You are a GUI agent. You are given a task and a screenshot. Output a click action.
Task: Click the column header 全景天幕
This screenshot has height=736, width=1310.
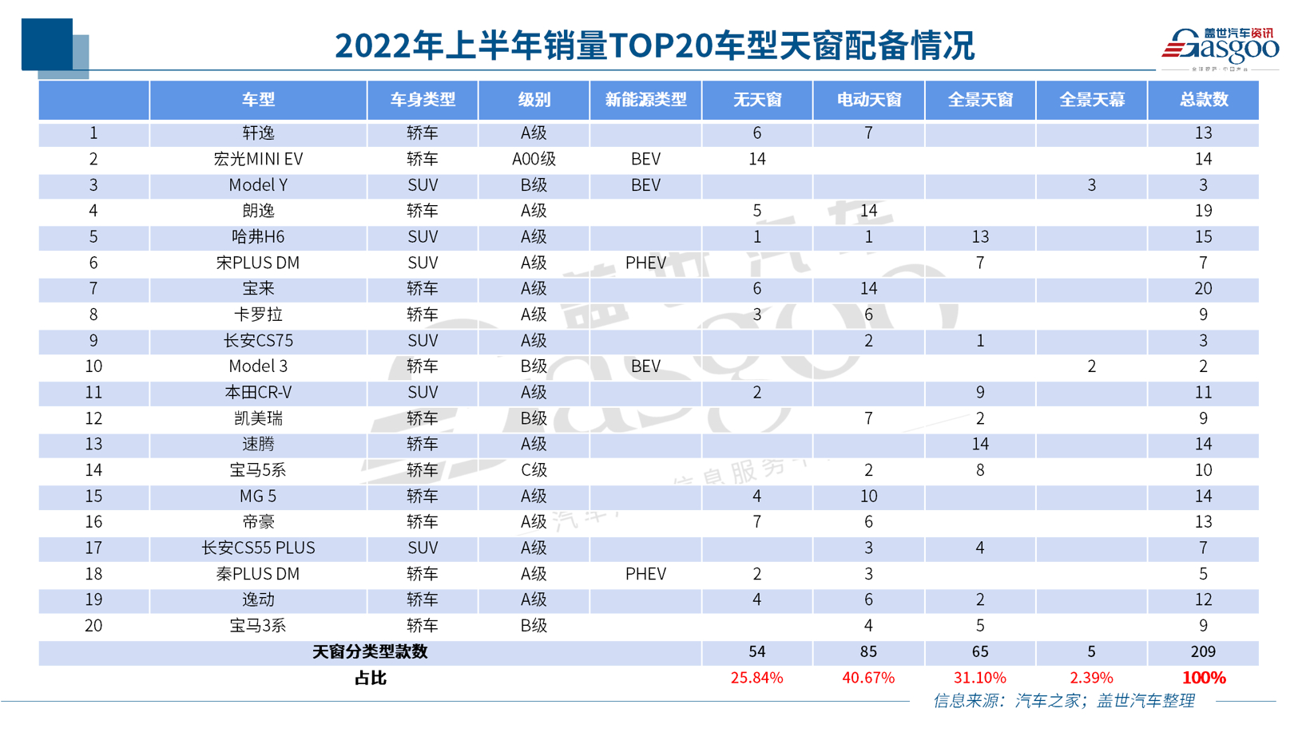[x=1091, y=100]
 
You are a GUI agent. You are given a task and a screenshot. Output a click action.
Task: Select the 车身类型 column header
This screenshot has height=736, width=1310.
[x=423, y=100]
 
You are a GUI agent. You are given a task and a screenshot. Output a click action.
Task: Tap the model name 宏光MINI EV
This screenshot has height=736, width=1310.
[x=258, y=159]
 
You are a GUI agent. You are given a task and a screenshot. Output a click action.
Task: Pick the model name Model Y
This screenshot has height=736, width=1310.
[x=258, y=185]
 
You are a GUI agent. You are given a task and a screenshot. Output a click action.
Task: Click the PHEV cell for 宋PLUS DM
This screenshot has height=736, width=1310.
[x=645, y=263]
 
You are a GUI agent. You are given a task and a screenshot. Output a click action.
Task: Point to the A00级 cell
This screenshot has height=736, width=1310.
[x=534, y=159]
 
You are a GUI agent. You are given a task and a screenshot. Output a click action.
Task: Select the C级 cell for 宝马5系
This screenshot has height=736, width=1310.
[x=534, y=470]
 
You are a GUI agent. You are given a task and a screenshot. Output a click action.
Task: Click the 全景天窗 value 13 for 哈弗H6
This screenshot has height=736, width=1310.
[x=980, y=237]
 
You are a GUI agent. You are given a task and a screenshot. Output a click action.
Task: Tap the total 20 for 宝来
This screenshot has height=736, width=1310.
[x=1203, y=288]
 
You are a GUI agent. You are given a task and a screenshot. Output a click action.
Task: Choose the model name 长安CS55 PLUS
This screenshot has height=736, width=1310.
[x=258, y=548]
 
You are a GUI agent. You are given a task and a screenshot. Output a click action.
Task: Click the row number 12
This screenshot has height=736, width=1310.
[x=93, y=418]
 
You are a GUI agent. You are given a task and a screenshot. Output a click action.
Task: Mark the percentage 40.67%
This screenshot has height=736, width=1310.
[x=868, y=678]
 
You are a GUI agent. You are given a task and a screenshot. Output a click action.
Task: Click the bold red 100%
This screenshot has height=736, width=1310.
[x=1203, y=678]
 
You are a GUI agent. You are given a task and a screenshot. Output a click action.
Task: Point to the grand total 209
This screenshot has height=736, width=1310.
[x=1203, y=651]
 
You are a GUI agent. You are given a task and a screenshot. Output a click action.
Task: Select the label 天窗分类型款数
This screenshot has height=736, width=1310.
[x=370, y=651]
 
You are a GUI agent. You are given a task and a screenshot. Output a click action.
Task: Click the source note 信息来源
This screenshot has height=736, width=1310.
[x=1064, y=701]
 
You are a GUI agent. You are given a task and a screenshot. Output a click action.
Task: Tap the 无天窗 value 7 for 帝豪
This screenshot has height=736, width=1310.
[x=756, y=522]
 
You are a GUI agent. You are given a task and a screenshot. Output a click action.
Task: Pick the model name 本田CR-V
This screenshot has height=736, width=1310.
[x=258, y=392]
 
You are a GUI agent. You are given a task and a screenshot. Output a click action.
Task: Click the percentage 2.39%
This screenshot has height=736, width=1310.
[x=1091, y=678]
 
